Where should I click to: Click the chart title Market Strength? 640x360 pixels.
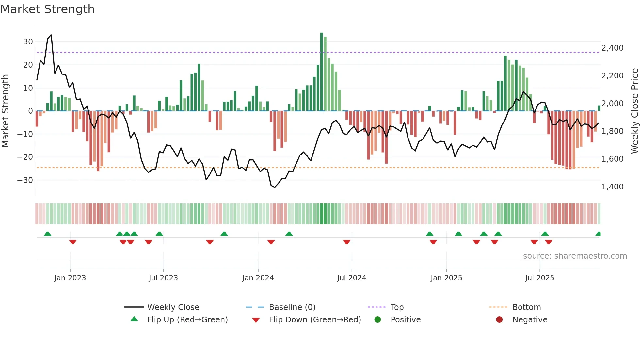coord(47,9)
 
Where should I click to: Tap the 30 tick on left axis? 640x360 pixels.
coord(28,42)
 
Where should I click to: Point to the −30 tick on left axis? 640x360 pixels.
coord(25,180)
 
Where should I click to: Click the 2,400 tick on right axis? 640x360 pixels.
coord(612,48)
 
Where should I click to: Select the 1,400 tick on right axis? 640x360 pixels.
coord(612,187)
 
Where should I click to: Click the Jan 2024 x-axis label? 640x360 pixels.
coord(258,278)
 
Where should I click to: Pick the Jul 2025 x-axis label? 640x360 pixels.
coord(539,278)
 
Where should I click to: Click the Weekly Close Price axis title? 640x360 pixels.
coord(634,111)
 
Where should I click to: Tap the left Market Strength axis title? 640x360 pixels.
coord(6,111)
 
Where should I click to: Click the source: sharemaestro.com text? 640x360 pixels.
coord(575,256)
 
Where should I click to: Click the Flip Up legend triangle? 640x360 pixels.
coord(134,319)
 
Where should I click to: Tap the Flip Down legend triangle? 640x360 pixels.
coord(256,320)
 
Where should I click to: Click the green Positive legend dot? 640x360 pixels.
coord(377,319)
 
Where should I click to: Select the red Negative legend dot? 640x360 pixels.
coord(499,319)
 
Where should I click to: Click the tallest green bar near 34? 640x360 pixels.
coord(322,72)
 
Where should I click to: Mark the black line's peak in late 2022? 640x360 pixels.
coord(51,35)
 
